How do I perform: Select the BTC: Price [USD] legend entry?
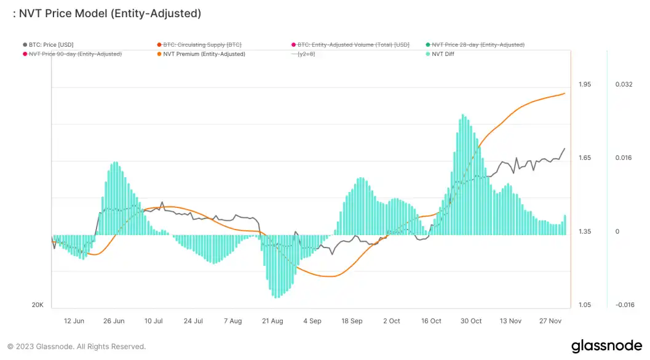[51, 45]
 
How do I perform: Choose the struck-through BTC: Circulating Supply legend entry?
[203, 45]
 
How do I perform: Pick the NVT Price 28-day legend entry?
[478, 45]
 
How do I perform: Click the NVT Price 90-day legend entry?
[75, 54]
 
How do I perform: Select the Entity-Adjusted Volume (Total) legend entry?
[353, 45]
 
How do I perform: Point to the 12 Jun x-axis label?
[74, 321]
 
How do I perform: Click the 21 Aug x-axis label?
[272, 321]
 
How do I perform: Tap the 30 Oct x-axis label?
[471, 321]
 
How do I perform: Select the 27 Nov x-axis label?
[550, 321]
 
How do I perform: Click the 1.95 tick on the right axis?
[585, 84]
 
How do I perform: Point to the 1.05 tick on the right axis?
[585, 305]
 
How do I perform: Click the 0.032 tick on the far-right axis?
[624, 84]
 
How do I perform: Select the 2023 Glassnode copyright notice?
[77, 346]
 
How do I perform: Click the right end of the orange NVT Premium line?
[565, 94]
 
